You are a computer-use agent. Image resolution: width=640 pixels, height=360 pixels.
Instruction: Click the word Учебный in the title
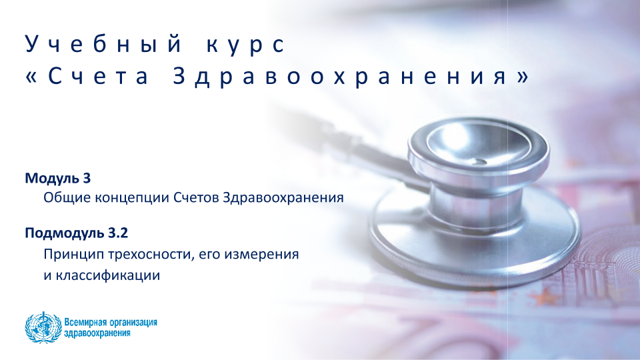click(x=103, y=44)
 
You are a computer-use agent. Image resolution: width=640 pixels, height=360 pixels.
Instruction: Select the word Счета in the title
click(x=98, y=76)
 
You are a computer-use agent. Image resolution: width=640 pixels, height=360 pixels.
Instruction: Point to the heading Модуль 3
click(x=58, y=179)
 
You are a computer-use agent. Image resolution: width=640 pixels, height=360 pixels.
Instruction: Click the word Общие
click(x=67, y=198)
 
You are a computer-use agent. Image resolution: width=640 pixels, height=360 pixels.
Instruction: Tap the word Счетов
click(x=196, y=197)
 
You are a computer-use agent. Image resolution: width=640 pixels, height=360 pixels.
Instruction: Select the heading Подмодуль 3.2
click(x=76, y=233)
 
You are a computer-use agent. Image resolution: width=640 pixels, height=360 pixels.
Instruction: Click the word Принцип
click(x=74, y=255)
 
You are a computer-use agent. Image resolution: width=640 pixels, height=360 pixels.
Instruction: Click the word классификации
click(x=108, y=276)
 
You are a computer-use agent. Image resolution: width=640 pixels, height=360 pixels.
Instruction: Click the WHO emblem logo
click(x=43, y=327)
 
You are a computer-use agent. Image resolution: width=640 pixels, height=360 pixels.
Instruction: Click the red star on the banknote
click(x=546, y=297)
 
